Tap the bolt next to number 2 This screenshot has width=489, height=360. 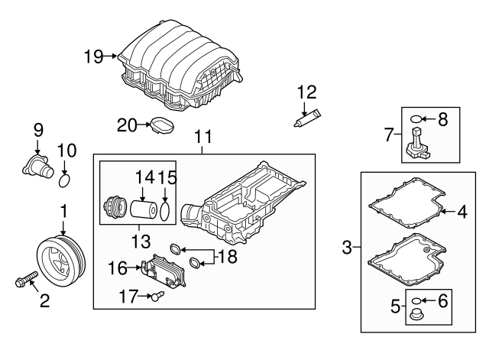pos(26,280)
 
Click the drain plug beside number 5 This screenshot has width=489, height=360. pos(419,316)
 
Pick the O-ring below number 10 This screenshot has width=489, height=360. pos(66,181)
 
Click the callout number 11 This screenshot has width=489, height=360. pos(202,138)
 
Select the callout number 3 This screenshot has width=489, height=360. pos(348,247)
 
